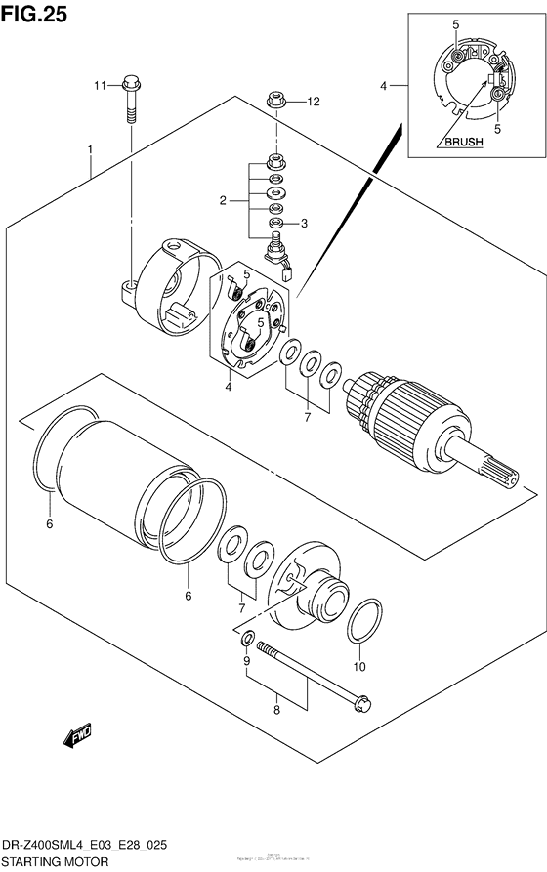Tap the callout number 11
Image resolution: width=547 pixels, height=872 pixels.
99,88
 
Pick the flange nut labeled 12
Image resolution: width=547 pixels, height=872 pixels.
276,100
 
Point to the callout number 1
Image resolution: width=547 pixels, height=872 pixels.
90,150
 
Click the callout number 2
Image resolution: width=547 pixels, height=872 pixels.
223,200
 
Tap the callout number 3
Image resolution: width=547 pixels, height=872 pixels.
304,224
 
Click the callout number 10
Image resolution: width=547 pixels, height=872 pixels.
358,668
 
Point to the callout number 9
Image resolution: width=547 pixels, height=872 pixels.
247,661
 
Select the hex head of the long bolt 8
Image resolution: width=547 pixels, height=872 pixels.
363,701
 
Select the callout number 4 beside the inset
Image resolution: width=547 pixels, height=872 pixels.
385,86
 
